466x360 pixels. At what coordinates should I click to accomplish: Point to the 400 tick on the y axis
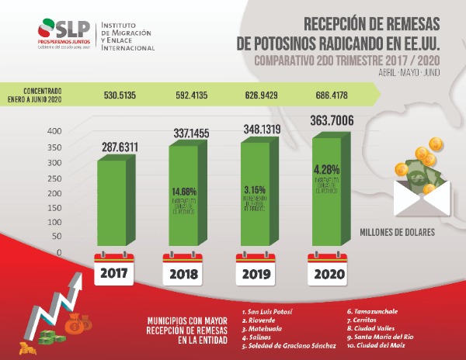(53, 131)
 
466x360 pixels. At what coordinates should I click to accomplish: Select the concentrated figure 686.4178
(332, 97)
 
